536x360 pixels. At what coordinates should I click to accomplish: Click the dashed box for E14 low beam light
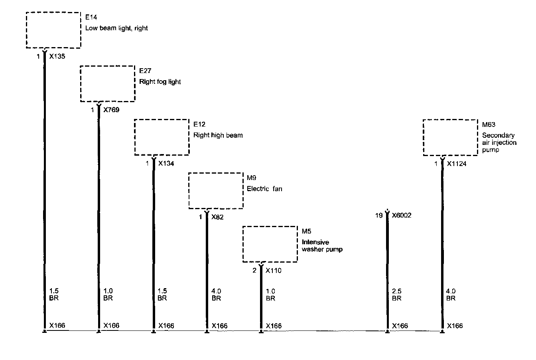tap(53, 30)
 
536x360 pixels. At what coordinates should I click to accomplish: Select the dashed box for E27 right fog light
tap(108, 84)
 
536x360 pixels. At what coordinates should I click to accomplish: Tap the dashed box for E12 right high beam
tap(162, 137)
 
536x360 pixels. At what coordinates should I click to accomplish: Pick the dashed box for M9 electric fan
tap(216, 190)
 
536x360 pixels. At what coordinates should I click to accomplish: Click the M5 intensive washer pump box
tap(270, 244)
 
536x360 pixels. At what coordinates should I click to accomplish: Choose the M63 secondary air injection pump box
tap(450, 137)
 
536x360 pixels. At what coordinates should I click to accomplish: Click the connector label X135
tap(57, 57)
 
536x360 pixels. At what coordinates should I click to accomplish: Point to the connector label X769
tap(111, 110)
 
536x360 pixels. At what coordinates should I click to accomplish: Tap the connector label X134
tap(166, 163)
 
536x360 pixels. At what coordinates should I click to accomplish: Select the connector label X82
tap(217, 217)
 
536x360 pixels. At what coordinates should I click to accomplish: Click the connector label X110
tap(274, 271)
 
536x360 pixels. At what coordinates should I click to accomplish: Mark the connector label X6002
tap(402, 216)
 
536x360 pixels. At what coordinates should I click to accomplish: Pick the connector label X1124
tap(457, 164)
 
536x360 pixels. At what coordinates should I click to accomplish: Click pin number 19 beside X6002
tap(379, 216)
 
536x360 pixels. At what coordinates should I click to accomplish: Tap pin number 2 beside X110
tap(254, 271)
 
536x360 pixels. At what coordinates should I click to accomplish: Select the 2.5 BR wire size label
tap(396, 295)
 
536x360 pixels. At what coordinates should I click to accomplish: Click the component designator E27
tap(144, 71)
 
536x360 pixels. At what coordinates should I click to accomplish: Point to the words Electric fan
tap(264, 189)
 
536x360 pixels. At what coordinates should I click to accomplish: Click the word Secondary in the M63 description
tap(498, 135)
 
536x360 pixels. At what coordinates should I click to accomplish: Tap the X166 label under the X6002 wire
tap(400, 326)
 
